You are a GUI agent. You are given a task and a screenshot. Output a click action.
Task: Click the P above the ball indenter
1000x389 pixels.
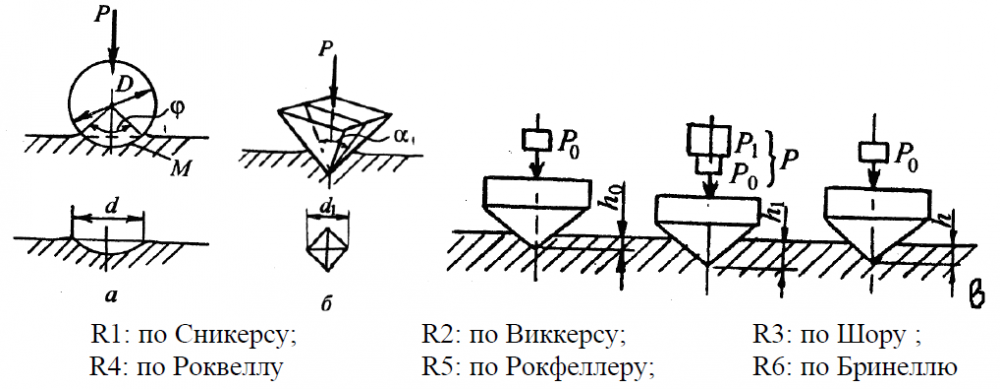tap(100, 15)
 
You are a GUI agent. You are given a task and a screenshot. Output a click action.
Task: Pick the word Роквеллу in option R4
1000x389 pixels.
tap(228, 369)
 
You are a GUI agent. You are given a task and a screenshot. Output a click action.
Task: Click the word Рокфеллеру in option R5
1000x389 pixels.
tap(577, 369)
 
